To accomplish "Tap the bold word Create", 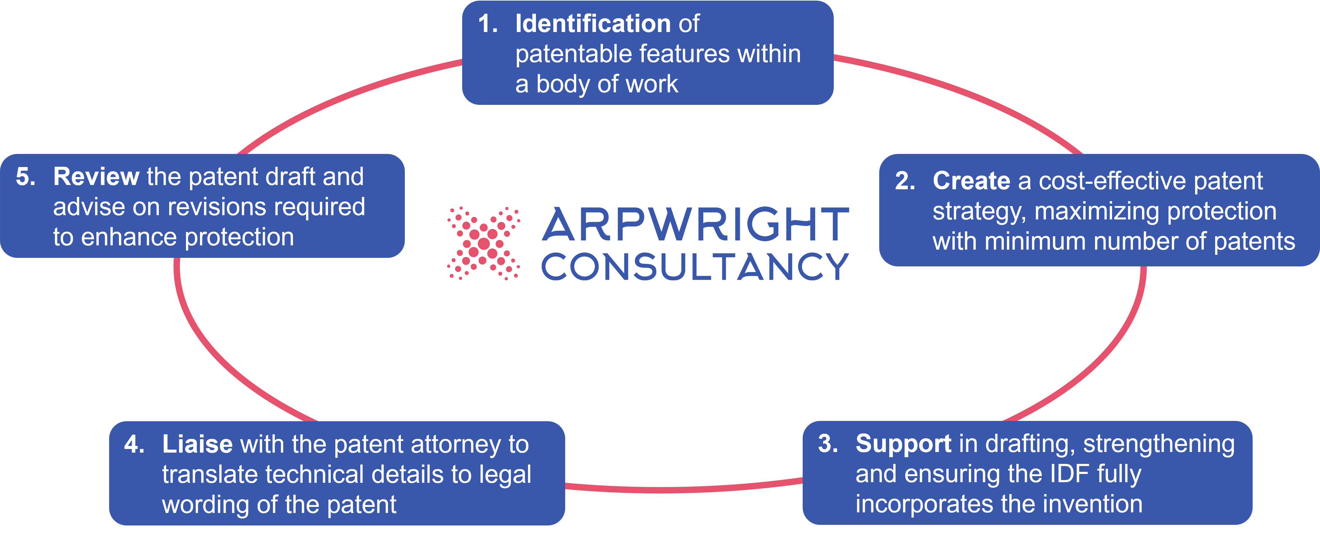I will coord(971,181).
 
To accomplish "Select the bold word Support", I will coord(903,444).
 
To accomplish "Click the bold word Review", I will coord(96,177).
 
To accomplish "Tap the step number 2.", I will coord(904,181).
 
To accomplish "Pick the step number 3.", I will coord(827,444).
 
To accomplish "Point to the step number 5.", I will coord(25,177).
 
